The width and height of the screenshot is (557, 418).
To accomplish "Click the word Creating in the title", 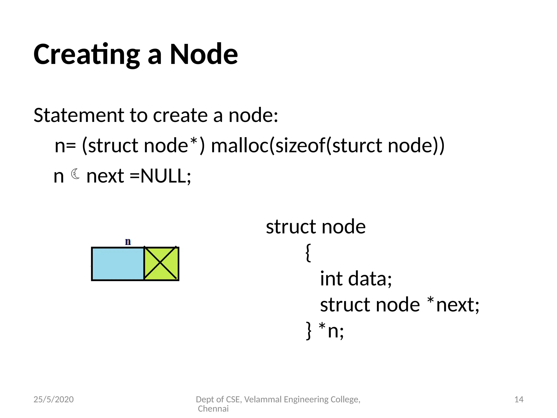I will pyautogui.click(x=86, y=54).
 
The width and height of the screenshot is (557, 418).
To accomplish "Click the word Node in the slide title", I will pyautogui.click(x=204, y=54).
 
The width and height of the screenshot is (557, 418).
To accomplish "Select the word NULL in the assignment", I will pyautogui.click(x=163, y=176).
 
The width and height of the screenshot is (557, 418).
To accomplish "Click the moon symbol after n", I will pyautogui.click(x=75, y=174).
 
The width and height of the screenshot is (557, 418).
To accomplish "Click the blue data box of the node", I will pyautogui.click(x=118, y=264).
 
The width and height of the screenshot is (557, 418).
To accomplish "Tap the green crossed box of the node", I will pyautogui.click(x=161, y=263).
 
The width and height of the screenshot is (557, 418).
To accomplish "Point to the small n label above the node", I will pyautogui.click(x=128, y=242).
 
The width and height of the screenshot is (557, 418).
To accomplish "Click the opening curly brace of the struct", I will pyautogui.click(x=308, y=253).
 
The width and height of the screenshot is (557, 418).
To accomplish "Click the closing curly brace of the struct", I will pyautogui.click(x=309, y=331).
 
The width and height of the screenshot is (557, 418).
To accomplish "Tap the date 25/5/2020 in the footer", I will pyautogui.click(x=54, y=399).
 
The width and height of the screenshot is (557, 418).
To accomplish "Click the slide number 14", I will pyautogui.click(x=519, y=399).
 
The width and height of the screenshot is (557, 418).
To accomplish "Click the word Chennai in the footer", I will pyautogui.click(x=213, y=408).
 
